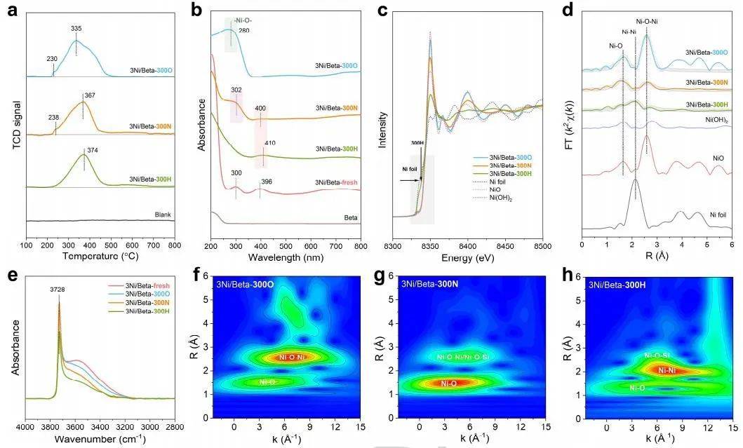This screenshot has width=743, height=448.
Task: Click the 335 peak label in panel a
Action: click(76, 29)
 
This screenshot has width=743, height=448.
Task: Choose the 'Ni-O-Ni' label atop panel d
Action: click(646, 22)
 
